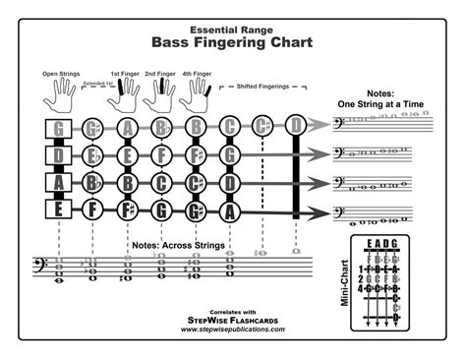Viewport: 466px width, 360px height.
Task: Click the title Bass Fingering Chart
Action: pyautogui.click(x=233, y=42)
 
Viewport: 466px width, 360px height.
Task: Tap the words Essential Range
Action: pyautogui.click(x=233, y=28)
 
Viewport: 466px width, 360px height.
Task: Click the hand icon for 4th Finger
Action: pyautogui.click(x=195, y=94)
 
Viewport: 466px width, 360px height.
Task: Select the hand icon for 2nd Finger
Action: pyautogui.click(x=160, y=94)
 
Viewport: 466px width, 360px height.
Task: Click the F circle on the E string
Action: pyautogui.click(x=92, y=209)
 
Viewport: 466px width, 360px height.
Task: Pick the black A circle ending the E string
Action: pyautogui.click(x=230, y=209)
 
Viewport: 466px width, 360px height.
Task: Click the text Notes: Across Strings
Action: pyautogui.click(x=177, y=244)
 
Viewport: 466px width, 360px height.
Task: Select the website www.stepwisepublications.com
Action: pyautogui.click(x=233, y=330)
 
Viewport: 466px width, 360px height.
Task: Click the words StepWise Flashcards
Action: pyautogui.click(x=233, y=321)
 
